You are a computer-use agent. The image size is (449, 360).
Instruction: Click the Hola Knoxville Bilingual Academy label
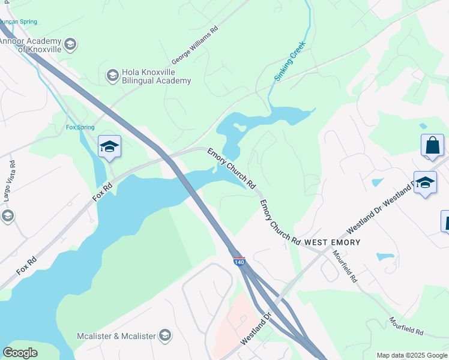click(x=156, y=76)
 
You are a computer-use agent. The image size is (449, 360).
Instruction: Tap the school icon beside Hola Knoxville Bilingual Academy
click(x=112, y=75)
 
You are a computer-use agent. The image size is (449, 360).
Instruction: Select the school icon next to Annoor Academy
click(x=70, y=44)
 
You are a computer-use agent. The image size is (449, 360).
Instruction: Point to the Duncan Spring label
click(x=18, y=22)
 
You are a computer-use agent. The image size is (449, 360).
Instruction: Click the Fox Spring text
click(x=80, y=128)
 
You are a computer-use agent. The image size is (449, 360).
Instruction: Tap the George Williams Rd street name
click(x=194, y=45)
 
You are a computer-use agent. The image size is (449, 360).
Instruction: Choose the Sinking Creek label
click(x=290, y=61)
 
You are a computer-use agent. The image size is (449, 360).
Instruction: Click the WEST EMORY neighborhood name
click(x=332, y=242)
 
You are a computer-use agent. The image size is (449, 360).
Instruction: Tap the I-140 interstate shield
click(x=239, y=262)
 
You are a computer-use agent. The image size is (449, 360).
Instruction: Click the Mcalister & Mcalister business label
click(x=116, y=336)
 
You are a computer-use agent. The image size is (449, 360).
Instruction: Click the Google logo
click(x=20, y=353)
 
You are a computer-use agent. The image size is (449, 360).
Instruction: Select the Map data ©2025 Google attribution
click(x=412, y=355)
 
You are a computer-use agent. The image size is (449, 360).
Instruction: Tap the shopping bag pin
click(x=432, y=146)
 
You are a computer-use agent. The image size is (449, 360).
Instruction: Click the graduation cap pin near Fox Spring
click(x=110, y=146)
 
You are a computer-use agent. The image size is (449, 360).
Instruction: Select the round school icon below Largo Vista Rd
click(x=7, y=216)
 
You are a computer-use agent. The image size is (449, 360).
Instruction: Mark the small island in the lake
click(x=240, y=127)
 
